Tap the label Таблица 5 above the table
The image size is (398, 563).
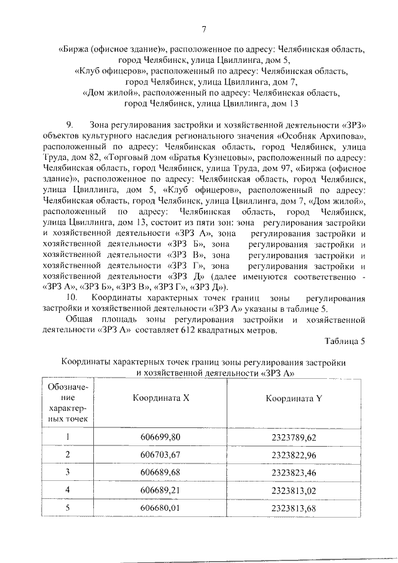(345, 340)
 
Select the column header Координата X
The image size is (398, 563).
(160, 399)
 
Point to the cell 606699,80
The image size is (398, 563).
(160, 437)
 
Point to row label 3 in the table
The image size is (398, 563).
(68, 473)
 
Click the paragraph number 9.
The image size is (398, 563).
(70, 125)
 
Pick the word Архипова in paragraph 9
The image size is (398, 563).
(341, 136)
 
